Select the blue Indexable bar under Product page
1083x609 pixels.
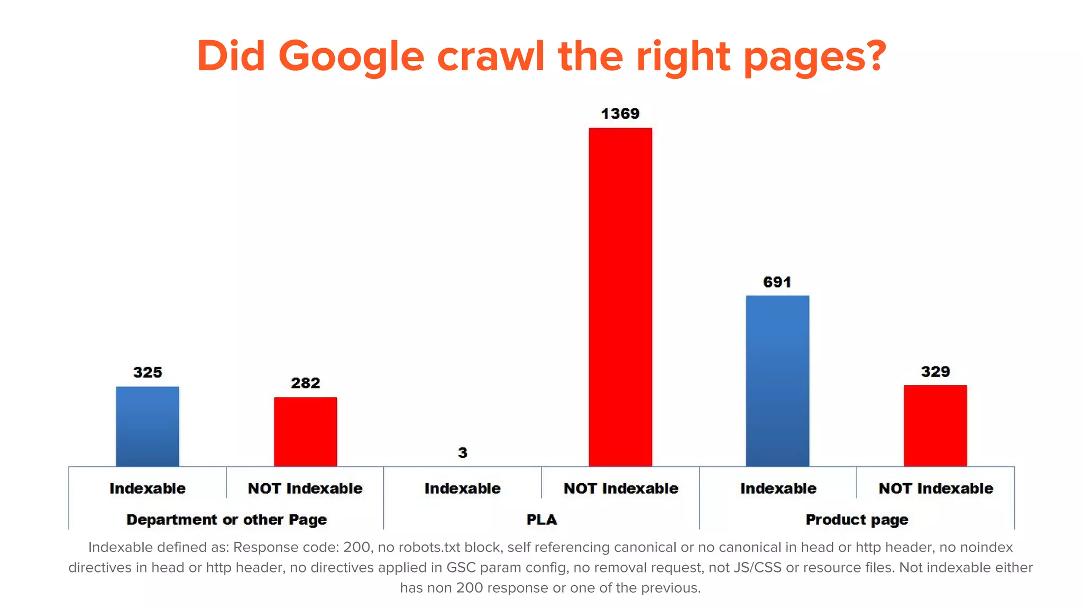[777, 381]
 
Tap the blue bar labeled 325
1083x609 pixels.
[148, 426]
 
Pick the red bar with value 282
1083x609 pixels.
[305, 431]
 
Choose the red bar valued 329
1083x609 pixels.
[935, 426]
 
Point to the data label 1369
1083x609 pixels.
[620, 114]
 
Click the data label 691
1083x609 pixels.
[777, 282]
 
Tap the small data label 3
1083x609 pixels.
[463, 453]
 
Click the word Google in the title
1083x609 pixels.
[351, 56]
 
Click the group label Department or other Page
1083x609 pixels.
[226, 520]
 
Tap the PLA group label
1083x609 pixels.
[541, 520]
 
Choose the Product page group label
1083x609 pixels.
[857, 520]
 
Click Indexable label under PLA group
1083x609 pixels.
[463, 488]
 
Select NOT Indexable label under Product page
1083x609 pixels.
[935, 488]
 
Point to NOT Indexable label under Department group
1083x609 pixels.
[305, 488]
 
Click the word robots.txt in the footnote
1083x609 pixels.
[429, 547]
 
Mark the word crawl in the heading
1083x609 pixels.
[491, 56]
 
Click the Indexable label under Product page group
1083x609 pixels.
[778, 488]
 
